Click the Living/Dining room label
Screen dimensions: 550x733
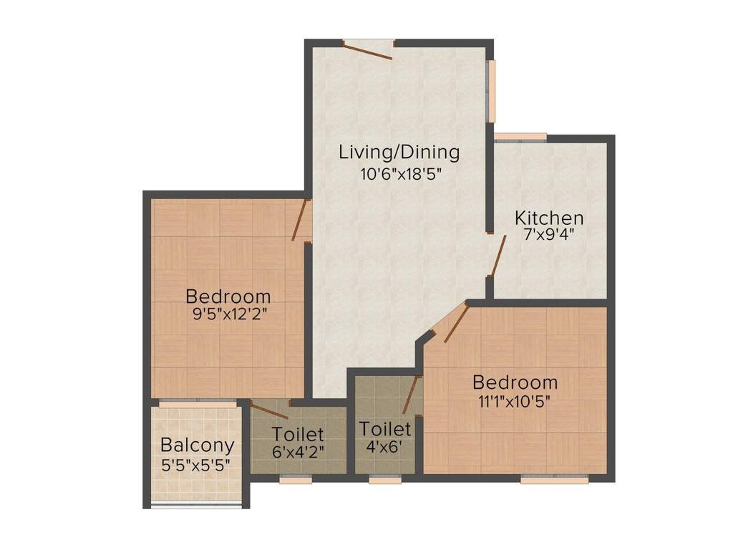coord(399,153)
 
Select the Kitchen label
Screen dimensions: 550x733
coord(550,218)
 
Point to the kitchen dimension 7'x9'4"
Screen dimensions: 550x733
coord(550,233)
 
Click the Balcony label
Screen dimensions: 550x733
coord(197,445)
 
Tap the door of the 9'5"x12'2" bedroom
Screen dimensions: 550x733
coord(300,219)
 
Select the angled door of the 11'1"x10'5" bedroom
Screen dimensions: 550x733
coord(456,323)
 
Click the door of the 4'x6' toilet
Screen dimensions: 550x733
coord(410,395)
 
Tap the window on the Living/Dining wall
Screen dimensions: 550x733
coord(491,90)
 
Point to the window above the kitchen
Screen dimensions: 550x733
coord(520,137)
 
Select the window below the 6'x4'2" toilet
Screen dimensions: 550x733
coord(291,480)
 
